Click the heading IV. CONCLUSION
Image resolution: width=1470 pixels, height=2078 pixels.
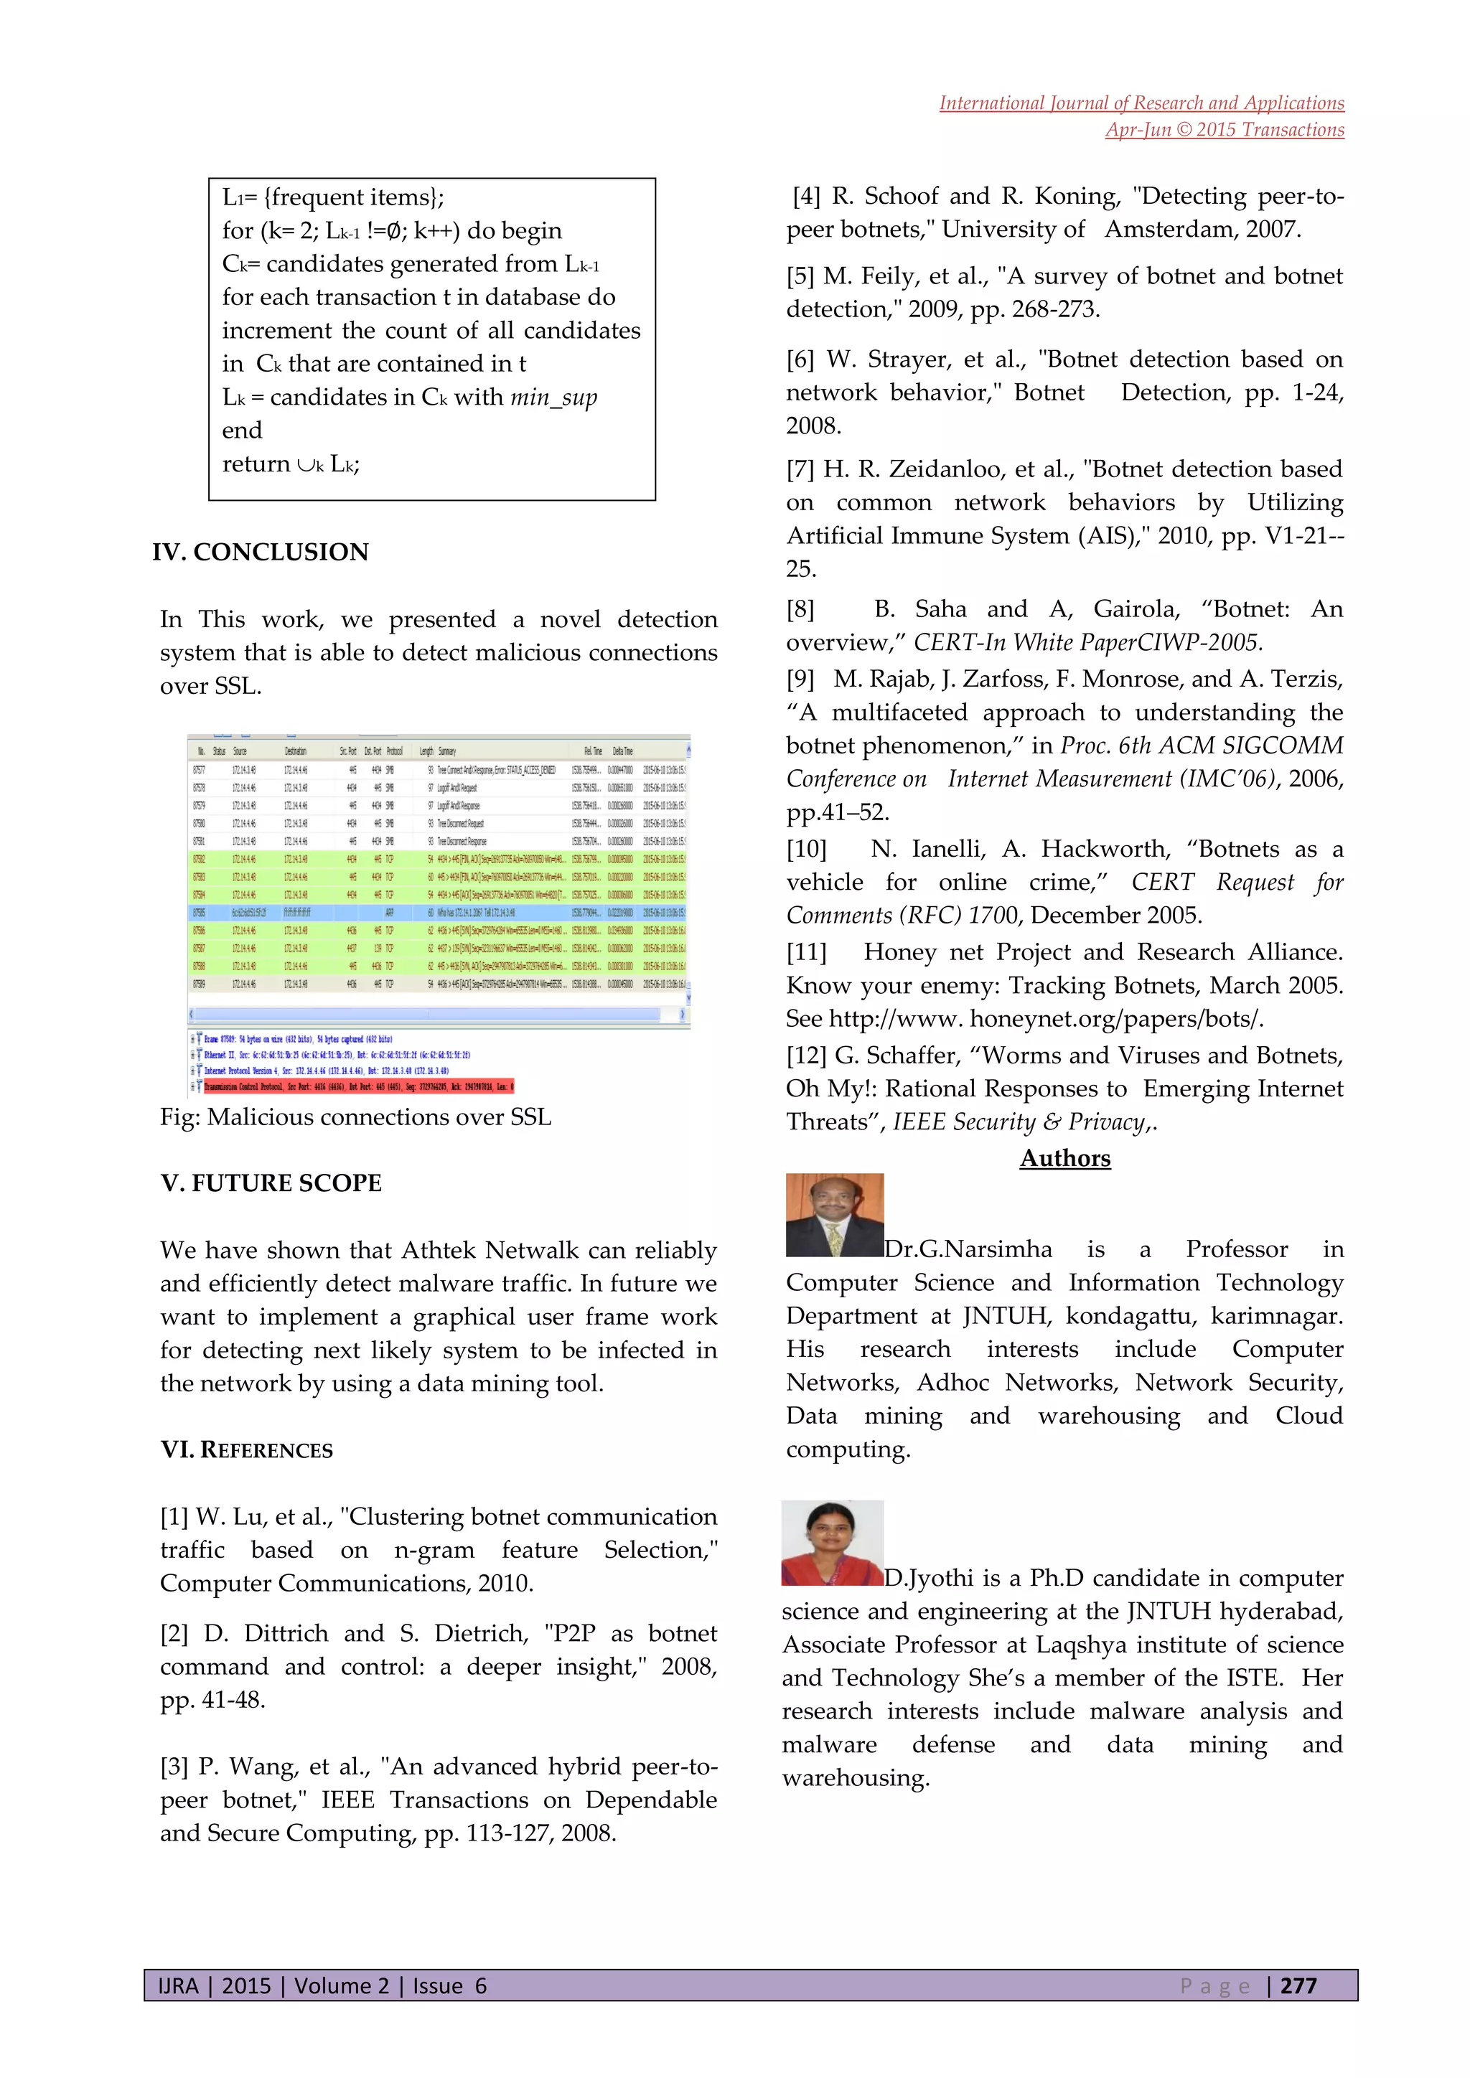pos(261,552)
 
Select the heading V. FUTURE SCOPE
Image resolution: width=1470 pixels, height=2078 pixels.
pos(271,1183)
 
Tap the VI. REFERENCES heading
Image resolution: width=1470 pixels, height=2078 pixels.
pos(246,1450)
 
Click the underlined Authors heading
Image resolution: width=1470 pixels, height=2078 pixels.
pos(1064,1158)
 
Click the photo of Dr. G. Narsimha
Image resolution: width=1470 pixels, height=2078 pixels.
pos(835,1215)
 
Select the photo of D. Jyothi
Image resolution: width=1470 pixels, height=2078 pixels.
pos(833,1543)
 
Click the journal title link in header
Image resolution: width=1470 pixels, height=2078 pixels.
pos(1141,103)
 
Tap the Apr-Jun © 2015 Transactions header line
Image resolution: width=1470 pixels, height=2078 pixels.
pos(1224,129)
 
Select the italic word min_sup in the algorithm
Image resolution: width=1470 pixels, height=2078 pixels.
pos(554,398)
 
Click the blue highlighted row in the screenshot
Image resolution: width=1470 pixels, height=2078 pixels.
pos(438,912)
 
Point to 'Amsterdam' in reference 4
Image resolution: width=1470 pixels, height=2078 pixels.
pos(1169,230)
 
